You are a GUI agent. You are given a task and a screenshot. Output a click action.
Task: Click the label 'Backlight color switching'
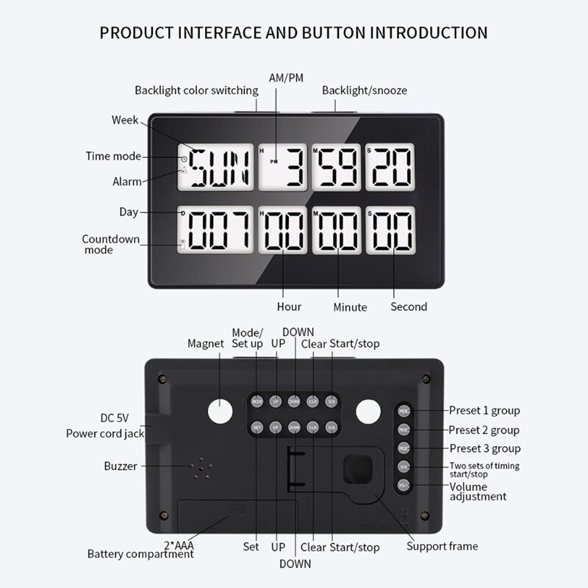[x=196, y=90]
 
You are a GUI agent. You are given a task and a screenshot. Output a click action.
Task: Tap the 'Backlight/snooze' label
[x=365, y=90]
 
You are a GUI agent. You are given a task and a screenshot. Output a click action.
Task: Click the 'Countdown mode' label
[x=107, y=244]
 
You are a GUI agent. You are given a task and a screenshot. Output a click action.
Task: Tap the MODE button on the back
[x=257, y=402]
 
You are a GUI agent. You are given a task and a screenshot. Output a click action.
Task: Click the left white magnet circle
[x=218, y=411]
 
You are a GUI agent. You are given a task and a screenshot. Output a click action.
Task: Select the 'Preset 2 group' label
[x=484, y=429]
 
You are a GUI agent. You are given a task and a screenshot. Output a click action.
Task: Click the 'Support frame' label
[x=443, y=546]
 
